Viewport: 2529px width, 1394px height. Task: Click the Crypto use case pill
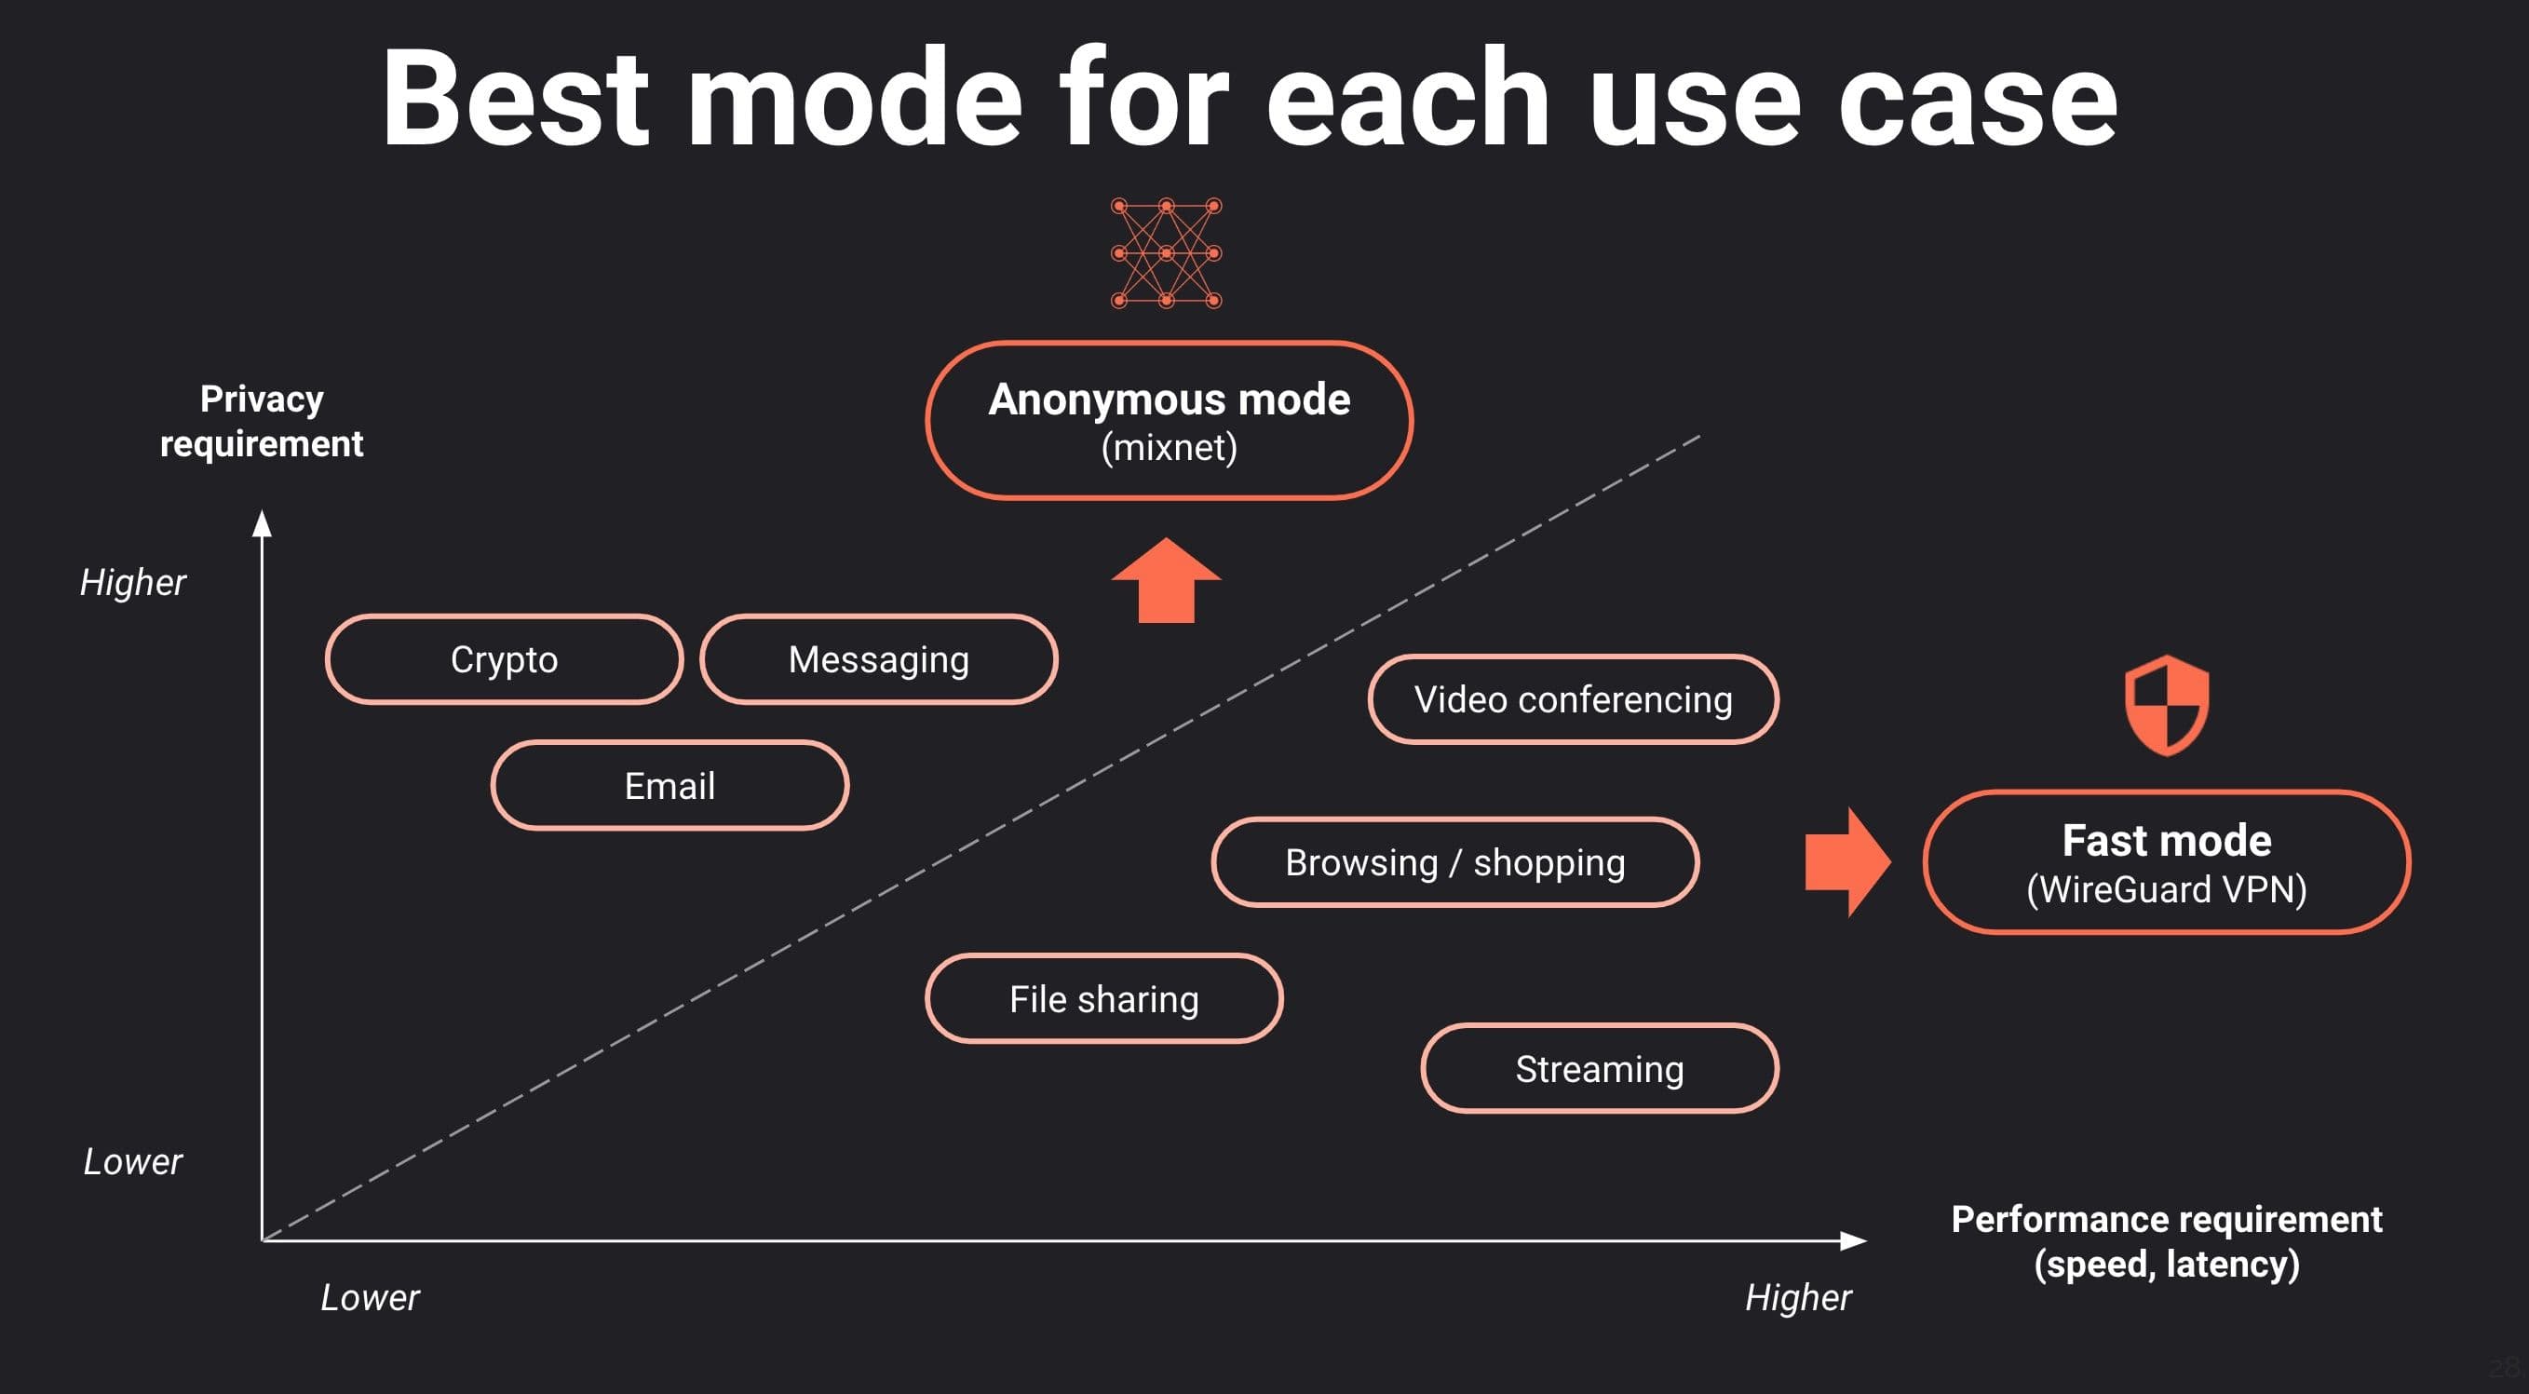click(x=504, y=659)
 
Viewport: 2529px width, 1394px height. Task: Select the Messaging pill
click(x=879, y=659)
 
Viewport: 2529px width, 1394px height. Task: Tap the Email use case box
click(x=669, y=786)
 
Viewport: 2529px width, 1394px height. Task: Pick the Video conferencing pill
click(x=1573, y=700)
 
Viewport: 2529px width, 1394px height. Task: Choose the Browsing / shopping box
click(x=1455, y=863)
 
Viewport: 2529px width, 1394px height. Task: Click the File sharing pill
click(x=1103, y=999)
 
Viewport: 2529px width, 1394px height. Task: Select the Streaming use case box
click(x=1600, y=1069)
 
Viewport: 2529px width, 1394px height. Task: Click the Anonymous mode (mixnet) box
click(x=1169, y=421)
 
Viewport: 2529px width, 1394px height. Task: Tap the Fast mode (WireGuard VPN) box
click(x=2166, y=863)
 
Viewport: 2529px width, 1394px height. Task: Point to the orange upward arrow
click(x=1167, y=581)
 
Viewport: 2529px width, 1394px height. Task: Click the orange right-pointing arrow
click(x=1846, y=863)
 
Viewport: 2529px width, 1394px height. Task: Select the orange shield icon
click(x=2167, y=706)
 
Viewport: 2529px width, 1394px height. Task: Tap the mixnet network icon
click(x=1167, y=253)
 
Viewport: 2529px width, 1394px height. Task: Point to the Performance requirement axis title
click(x=2166, y=1241)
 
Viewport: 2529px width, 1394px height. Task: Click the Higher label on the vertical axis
click(x=132, y=583)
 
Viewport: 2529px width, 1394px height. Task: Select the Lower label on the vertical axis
click(x=132, y=1162)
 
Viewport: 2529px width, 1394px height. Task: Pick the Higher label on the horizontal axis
click(x=1798, y=1298)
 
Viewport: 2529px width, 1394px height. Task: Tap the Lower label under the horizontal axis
click(x=370, y=1298)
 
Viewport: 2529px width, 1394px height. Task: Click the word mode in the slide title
click(x=854, y=101)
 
